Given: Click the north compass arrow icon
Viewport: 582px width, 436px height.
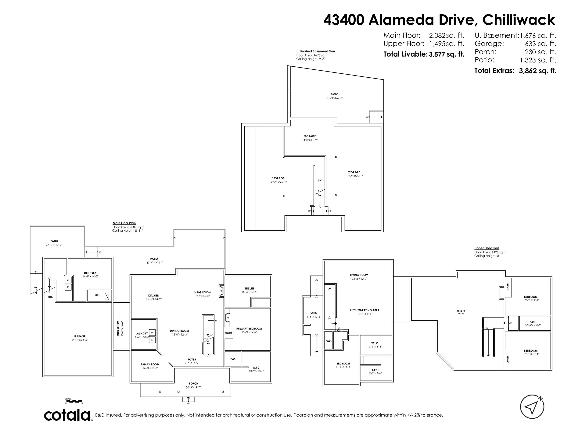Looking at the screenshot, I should click(532, 407).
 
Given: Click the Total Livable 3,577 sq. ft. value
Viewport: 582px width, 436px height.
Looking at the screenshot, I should click(447, 54).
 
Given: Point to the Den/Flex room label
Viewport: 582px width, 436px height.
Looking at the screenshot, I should click(90, 273).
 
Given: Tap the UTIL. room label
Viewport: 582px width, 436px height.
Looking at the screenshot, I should click(98, 295).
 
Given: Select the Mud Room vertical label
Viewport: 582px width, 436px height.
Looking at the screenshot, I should click(118, 328).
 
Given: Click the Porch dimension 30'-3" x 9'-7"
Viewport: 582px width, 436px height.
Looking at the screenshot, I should click(193, 387).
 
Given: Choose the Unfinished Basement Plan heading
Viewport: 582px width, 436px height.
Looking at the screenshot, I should click(315, 51).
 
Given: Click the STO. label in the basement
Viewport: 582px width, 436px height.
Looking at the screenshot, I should click(320, 181).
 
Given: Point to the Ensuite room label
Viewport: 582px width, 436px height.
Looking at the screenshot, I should click(250, 288).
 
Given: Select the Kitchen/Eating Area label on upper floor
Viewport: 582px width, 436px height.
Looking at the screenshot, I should click(364, 310).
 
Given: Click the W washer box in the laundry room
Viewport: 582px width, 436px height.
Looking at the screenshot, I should click(152, 333).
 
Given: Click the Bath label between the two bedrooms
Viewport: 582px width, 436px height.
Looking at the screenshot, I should click(533, 322).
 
